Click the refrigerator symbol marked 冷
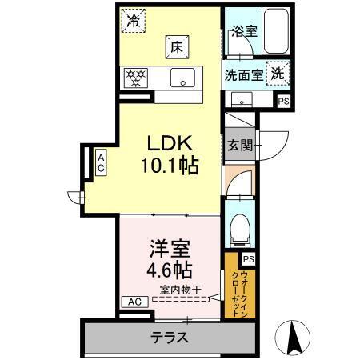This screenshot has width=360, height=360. pos(134,19)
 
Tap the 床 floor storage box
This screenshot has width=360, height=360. pos(175,46)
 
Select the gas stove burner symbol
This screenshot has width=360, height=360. pos(134,78)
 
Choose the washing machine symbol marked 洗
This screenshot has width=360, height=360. pos(276,72)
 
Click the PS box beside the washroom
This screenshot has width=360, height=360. pos(282,101)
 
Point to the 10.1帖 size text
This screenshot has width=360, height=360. pos(171,167)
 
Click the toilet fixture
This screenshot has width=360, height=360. pos(238,231)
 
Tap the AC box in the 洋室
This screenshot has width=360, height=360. pos(133,302)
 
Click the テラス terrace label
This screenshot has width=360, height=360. pos(170,337)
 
